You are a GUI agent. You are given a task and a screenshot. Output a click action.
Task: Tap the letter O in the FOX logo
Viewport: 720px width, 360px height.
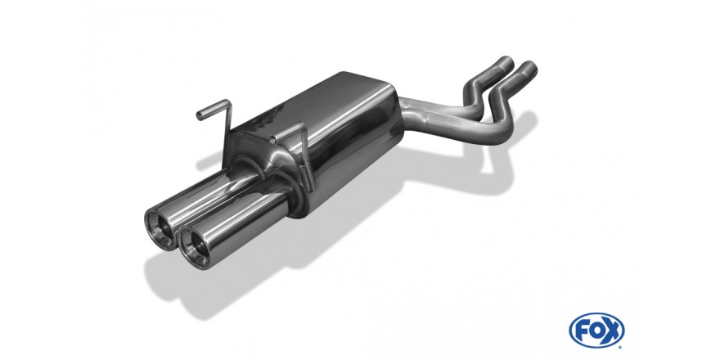click(596, 331)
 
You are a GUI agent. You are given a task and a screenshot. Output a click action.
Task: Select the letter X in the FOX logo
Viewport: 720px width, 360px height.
click(613, 331)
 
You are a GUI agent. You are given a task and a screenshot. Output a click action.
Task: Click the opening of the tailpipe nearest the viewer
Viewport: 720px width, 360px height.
click(194, 250)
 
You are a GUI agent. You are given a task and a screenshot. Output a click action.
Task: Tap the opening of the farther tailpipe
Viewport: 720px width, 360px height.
click(160, 229)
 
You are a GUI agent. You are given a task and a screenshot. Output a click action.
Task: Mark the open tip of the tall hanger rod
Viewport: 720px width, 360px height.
click(200, 115)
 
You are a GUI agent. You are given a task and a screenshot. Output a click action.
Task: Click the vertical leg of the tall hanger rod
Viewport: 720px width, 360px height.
click(227, 133)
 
